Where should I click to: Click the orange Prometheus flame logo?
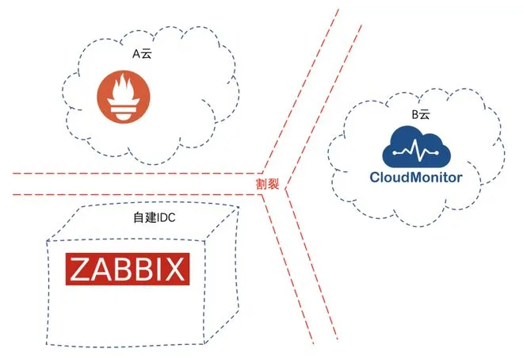pos(124,97)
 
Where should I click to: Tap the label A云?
pos(142,54)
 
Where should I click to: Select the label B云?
pos(421,114)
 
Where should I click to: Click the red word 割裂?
pos(267,184)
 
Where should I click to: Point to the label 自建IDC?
pos(154,217)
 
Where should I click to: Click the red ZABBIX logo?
pos(128,269)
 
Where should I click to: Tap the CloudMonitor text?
pos(416,177)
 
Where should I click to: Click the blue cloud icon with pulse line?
pos(416,147)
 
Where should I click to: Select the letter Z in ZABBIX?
pos(80,270)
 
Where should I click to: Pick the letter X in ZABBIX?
pos(174,270)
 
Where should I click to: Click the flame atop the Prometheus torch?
pos(123,86)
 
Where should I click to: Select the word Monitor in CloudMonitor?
pos(437,177)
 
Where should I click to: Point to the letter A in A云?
pos(136,54)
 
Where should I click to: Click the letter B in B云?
pos(415,114)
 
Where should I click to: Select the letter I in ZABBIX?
pos(159,270)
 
